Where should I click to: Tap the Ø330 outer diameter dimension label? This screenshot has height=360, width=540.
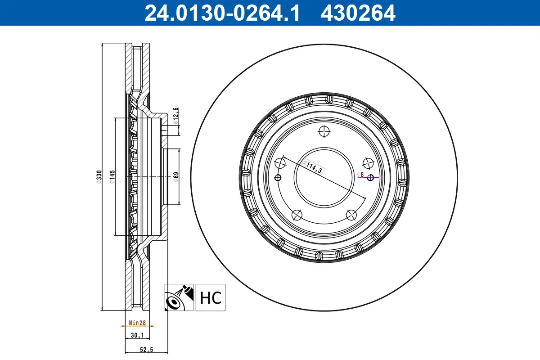tap(99, 176)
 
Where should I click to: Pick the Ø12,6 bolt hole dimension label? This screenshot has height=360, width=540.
tap(176, 115)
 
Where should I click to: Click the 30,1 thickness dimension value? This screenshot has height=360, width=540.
tap(136, 335)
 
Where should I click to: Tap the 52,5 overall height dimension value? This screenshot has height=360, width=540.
tap(146, 350)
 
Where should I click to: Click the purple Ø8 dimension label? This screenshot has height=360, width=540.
tap(360, 174)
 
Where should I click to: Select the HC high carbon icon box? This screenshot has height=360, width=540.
tap(211, 297)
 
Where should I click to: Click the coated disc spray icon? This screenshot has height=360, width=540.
tap(179, 297)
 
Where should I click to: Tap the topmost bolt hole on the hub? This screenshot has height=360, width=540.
tap(324, 131)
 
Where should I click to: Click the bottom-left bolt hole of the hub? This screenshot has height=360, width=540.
tap(297, 215)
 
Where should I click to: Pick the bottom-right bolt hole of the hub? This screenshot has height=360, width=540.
tap(351, 215)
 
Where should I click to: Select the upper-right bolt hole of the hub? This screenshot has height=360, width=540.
tap(368, 163)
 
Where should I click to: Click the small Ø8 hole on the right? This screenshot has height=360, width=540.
tap(371, 177)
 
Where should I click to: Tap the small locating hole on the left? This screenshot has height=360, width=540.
tap(278, 177)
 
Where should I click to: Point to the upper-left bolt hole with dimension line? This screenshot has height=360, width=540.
tap(280, 163)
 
